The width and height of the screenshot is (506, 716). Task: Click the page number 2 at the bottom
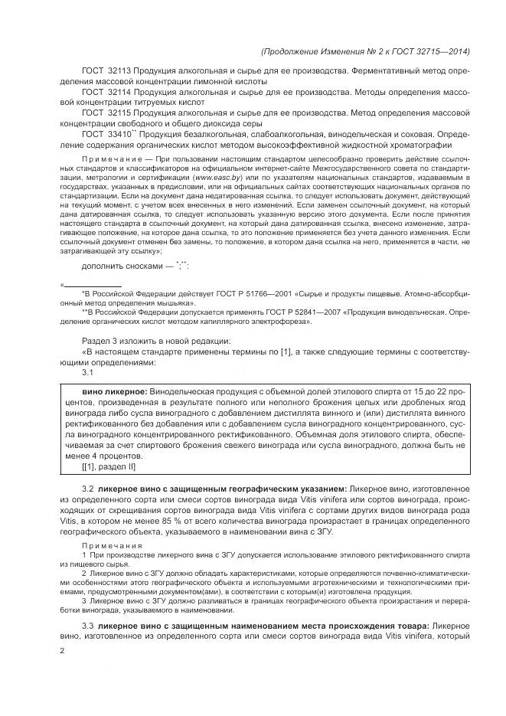click(63, 650)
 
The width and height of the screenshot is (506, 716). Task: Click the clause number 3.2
click(87, 488)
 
